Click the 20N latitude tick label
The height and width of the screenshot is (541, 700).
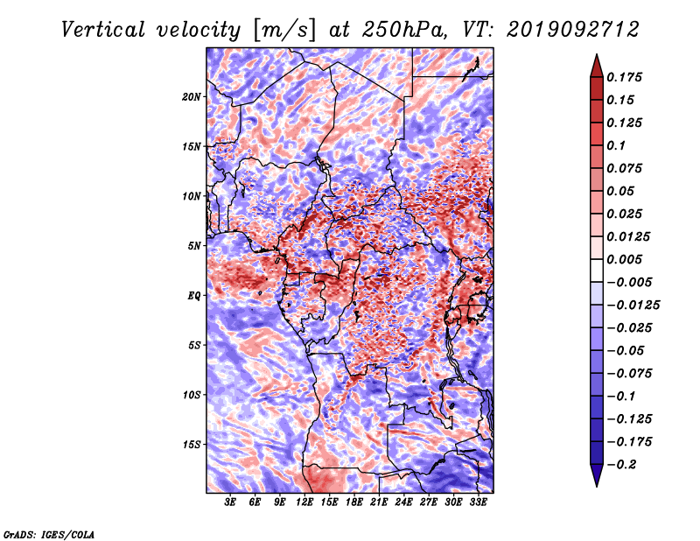coord(192,96)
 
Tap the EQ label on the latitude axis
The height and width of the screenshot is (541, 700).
coord(194,295)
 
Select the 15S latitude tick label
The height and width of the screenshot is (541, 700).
coord(192,444)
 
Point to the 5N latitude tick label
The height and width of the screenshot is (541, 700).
coord(194,245)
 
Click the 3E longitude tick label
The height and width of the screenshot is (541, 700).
coord(231,502)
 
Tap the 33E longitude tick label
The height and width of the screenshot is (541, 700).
coord(479,502)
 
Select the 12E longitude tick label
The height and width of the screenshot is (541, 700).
coord(305,502)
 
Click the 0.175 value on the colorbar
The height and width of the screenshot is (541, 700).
coord(627,77)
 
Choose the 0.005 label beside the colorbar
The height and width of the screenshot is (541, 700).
coord(627,259)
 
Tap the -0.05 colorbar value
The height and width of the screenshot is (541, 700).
coord(630,350)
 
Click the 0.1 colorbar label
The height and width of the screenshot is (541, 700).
coord(618,145)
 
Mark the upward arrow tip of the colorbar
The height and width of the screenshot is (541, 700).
coord(596,56)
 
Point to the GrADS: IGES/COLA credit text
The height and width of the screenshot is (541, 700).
coord(49,533)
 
